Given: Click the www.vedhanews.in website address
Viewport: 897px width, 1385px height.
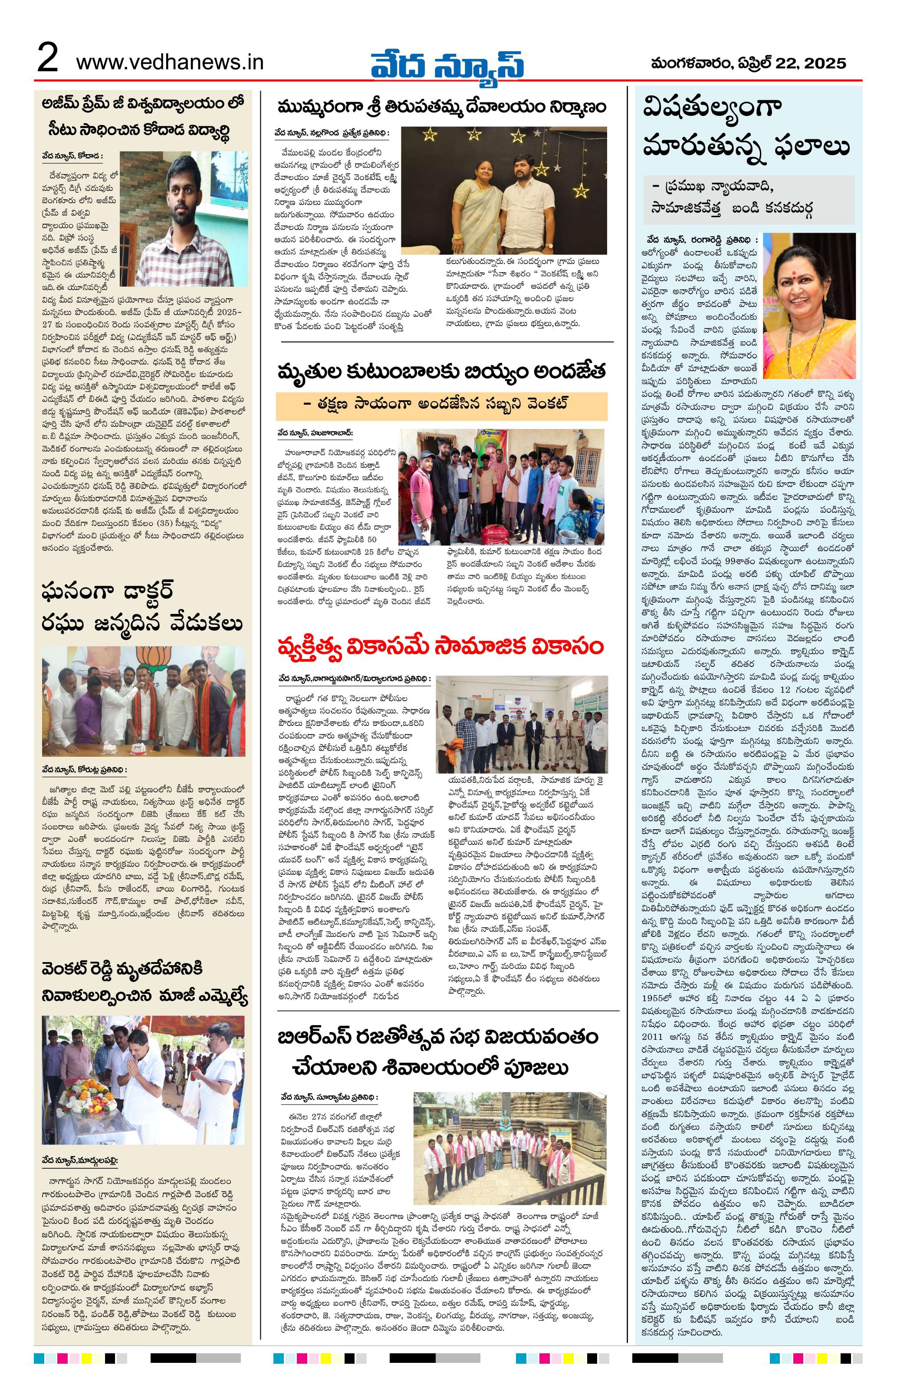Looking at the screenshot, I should (x=169, y=62).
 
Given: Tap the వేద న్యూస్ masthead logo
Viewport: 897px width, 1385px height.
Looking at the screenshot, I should (x=447, y=62).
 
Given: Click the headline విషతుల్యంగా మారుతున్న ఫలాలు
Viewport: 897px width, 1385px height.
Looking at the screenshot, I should (x=746, y=128).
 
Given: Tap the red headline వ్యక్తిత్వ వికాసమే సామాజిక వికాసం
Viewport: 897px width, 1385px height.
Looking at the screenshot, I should (x=441, y=647).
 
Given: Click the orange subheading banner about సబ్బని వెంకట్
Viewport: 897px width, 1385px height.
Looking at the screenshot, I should (x=441, y=406).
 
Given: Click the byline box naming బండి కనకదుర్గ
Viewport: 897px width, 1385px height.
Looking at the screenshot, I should (x=749, y=198).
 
